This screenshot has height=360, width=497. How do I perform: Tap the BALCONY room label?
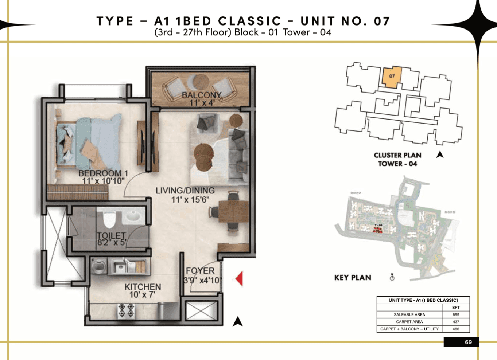pos(201,95)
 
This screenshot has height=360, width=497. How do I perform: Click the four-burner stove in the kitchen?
pos(126,310)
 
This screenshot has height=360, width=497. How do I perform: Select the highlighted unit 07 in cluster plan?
pos(392,77)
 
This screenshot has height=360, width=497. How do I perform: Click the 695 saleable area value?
pos(456,314)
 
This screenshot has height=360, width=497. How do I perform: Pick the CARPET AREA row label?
pos(409,322)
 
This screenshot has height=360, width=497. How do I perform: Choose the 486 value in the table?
pos(456,329)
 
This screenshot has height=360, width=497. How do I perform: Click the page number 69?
pos(468,342)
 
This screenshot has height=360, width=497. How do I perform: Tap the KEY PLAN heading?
pos(353,278)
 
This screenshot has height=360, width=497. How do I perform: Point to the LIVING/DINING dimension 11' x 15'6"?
pos(190,200)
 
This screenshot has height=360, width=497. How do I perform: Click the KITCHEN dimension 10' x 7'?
pos(142,295)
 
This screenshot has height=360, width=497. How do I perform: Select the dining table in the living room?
pos(233,212)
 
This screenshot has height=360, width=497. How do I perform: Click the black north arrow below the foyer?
pos(238,321)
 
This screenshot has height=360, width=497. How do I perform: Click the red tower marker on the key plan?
pos(378,229)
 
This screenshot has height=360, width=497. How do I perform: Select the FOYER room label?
pos(200,271)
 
